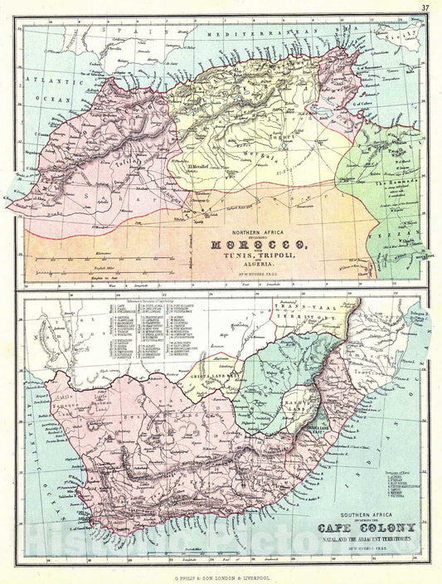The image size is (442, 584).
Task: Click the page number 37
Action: [425, 8]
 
